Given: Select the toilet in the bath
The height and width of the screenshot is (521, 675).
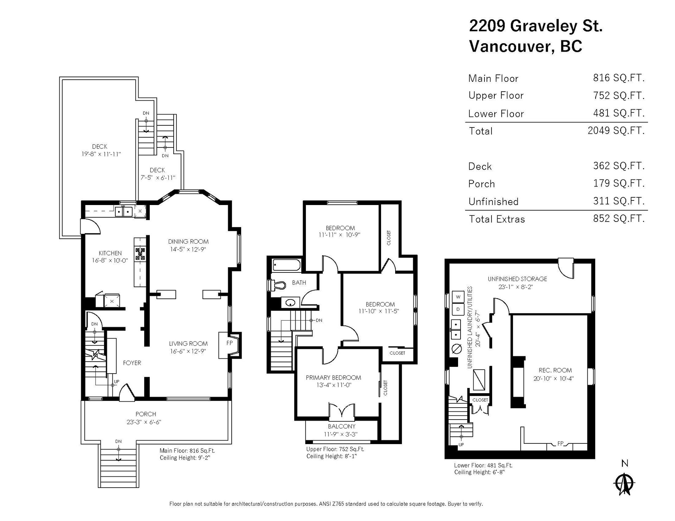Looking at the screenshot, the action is (277, 285).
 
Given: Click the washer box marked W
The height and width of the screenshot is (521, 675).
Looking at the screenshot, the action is (458, 297).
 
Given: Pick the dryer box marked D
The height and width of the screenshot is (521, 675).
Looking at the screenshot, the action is (458, 309).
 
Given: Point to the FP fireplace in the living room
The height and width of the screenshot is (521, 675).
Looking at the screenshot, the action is (229, 345).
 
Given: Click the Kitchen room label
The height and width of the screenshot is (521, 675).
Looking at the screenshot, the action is (110, 253).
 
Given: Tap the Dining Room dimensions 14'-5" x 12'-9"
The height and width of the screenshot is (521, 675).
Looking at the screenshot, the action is (188, 249).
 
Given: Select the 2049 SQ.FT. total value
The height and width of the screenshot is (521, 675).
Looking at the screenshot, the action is (616, 131).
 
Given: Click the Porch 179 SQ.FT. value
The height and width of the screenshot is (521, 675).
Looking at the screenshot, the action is (619, 183).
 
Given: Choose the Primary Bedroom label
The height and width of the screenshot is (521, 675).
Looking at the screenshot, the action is (333, 378).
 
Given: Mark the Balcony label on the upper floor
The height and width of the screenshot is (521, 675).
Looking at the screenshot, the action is (342, 426).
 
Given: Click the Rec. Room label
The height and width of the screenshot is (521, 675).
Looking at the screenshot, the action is (555, 370).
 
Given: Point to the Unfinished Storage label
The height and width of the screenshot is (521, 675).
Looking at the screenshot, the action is (517, 279).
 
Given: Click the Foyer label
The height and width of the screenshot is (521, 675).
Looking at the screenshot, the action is (132, 363).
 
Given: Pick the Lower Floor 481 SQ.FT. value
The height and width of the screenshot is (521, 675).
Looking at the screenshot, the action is (619, 113).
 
